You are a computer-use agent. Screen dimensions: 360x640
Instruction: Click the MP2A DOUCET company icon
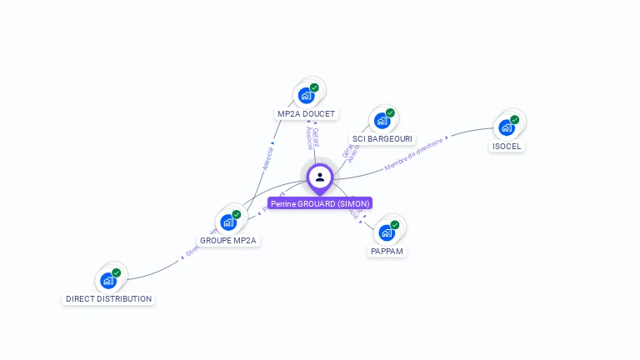(x=307, y=96)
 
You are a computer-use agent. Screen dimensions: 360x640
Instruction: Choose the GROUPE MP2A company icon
(x=228, y=222)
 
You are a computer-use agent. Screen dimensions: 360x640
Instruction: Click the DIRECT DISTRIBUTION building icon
(x=108, y=281)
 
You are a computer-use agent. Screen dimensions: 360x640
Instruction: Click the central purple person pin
(x=320, y=177)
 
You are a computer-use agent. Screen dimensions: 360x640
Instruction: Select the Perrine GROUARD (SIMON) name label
(x=320, y=203)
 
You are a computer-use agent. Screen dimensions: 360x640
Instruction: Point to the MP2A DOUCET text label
(x=307, y=113)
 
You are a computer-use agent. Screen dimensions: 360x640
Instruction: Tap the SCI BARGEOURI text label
(x=382, y=138)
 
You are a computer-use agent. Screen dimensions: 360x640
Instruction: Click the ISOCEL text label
(x=507, y=146)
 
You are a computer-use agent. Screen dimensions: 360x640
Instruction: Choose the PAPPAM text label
(x=387, y=251)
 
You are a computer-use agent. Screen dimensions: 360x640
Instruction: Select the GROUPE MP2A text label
(x=229, y=240)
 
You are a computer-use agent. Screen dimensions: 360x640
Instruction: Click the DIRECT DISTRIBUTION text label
(x=109, y=298)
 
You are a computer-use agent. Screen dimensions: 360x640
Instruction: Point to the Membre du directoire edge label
(x=414, y=155)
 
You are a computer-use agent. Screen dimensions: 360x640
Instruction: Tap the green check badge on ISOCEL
(x=515, y=120)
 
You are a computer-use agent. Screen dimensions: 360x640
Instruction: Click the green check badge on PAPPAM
(x=395, y=225)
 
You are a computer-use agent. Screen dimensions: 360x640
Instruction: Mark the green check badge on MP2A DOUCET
(x=314, y=87)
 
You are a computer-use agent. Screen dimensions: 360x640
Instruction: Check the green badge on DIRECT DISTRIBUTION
(x=117, y=272)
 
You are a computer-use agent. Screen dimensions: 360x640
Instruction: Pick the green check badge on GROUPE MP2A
(x=237, y=214)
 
